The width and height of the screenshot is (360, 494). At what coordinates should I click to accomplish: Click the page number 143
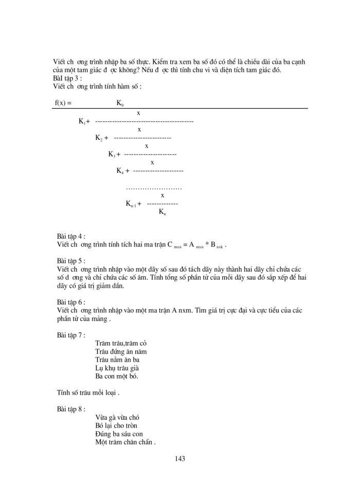[179, 458]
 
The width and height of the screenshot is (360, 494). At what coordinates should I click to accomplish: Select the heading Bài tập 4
[71, 237]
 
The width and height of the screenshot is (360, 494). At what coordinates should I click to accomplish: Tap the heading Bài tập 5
[71, 260]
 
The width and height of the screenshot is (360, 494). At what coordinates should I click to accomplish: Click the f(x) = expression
[63, 102]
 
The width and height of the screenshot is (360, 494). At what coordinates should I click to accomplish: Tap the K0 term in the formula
[120, 103]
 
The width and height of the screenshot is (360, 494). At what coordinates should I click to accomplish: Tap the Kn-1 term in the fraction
[133, 203]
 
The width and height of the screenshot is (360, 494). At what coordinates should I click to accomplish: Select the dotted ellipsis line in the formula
[154, 188]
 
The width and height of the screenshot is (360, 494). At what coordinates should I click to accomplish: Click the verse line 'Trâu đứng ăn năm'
[122, 351]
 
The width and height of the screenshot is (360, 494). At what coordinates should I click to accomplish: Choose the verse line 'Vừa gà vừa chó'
[118, 417]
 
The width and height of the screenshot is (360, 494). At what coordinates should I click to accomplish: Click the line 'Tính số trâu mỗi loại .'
[88, 393]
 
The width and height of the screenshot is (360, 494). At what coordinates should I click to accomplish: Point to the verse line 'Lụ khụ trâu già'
[118, 368]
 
